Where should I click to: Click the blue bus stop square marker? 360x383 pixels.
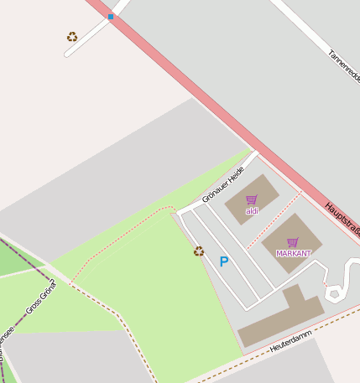tap(111, 17)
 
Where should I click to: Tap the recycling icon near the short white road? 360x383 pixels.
tap(72, 37)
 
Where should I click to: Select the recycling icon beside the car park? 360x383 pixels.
tap(199, 251)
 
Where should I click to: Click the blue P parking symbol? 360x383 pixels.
tap(224, 261)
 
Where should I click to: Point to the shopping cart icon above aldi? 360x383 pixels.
tap(251, 199)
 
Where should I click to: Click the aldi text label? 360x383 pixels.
tap(252, 211)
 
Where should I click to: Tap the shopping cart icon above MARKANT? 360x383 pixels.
tap(293, 242)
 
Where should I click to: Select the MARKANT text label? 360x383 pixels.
tap(294, 253)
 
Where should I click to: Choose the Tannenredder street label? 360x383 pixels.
tap(344, 67)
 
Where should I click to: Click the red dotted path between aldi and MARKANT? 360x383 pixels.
tap(275, 219)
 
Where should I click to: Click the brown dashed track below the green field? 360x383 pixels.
tap(126, 327)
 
